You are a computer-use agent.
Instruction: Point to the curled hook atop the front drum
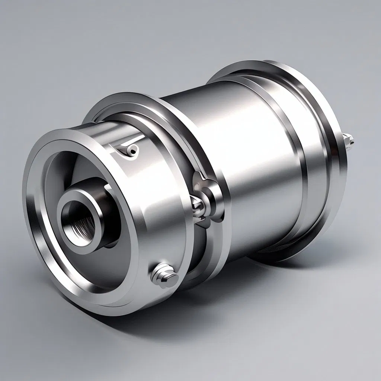tap(128, 149)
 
